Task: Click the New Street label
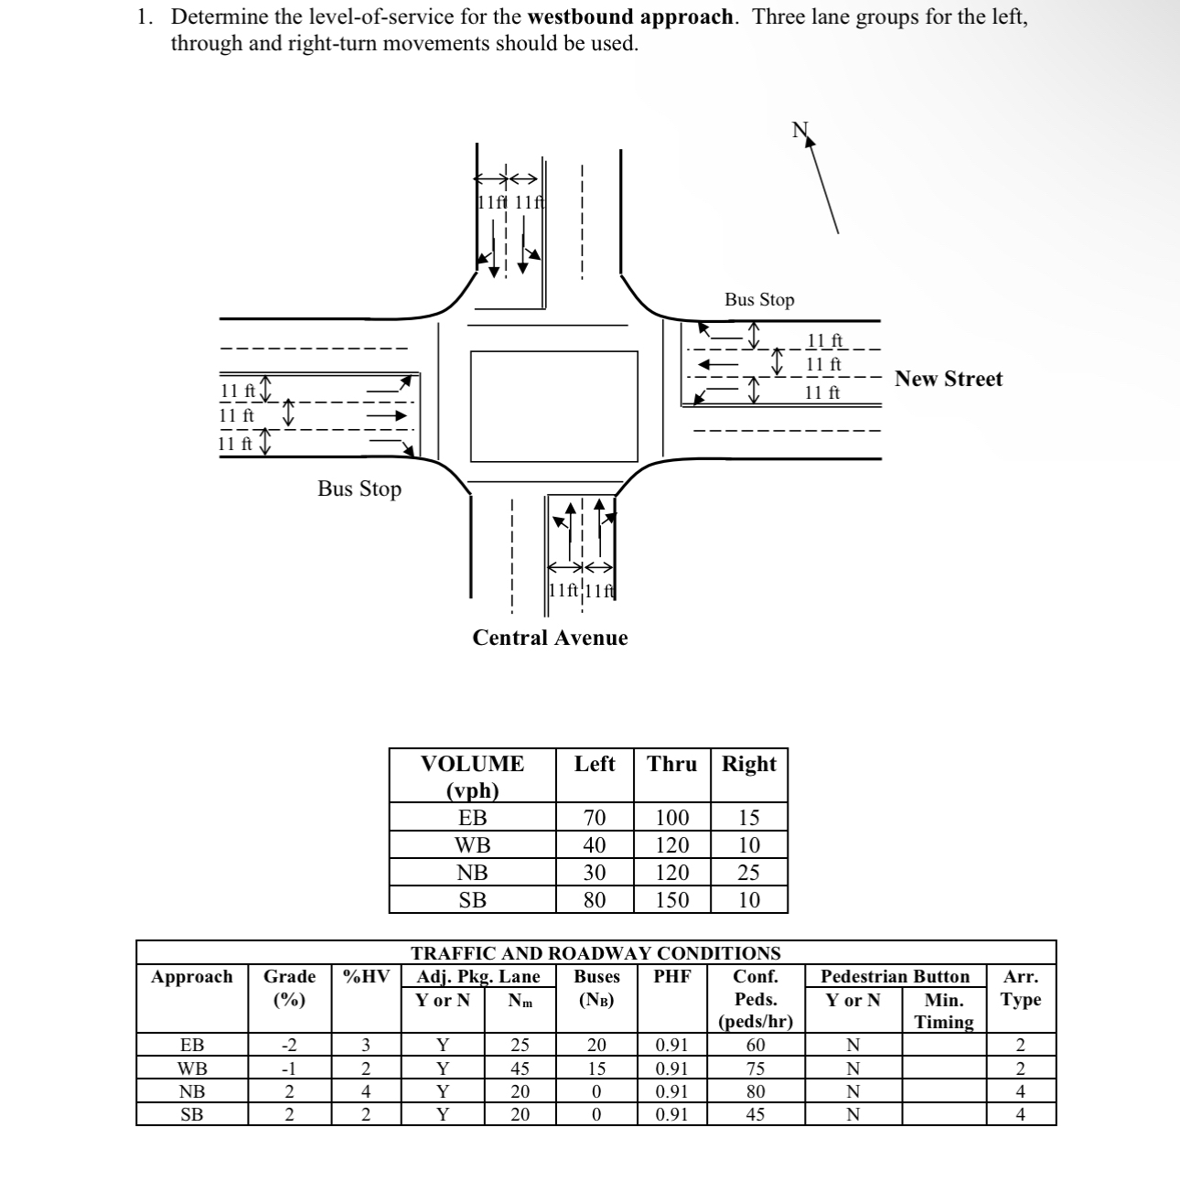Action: coord(949,379)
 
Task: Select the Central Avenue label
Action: coord(550,638)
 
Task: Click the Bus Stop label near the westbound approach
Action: coord(759,299)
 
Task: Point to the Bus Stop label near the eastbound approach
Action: coord(359,489)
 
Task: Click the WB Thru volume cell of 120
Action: coord(672,844)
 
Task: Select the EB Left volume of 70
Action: coord(595,817)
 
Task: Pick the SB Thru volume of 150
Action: coord(672,899)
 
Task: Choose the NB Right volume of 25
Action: coord(749,872)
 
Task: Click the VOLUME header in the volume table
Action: coord(472,764)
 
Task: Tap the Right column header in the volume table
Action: coord(749,764)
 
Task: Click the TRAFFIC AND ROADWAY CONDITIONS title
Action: coord(595,953)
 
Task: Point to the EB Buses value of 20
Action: coord(596,1045)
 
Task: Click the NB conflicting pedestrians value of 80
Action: coord(756,1091)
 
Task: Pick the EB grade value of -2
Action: coord(289,1045)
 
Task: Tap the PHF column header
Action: coord(672,976)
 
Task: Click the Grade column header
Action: coord(289,976)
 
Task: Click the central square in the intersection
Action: coord(553,405)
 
